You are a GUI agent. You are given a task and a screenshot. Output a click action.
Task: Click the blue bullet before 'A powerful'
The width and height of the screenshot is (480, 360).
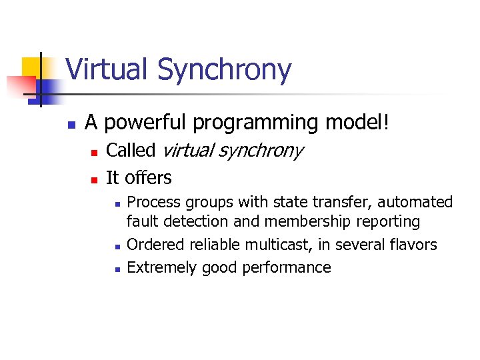(70, 124)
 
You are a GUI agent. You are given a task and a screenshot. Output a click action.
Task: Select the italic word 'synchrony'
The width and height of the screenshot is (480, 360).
(261, 151)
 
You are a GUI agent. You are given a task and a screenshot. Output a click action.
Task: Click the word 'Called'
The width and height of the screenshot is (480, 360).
(131, 151)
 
